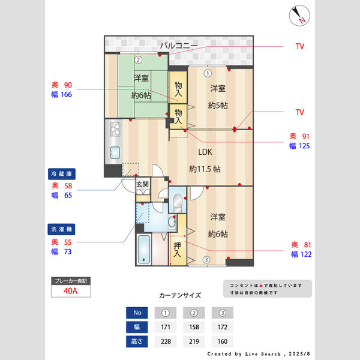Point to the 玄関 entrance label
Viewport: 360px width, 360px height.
pyautogui.click(x=142, y=184)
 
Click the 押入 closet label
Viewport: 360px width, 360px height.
pyautogui.click(x=177, y=250)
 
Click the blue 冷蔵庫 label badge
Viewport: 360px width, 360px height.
pyautogui.click(x=61, y=173)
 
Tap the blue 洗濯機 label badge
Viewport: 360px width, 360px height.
pyautogui.click(x=61, y=229)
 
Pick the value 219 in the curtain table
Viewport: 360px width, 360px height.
pyautogui.click(x=193, y=343)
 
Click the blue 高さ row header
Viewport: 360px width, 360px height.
pyautogui.click(x=136, y=343)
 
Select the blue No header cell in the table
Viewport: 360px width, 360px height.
pyautogui.click(x=136, y=313)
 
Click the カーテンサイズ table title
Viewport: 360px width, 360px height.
pyautogui.click(x=180, y=296)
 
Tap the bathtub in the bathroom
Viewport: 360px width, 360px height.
pyautogui.click(x=145, y=248)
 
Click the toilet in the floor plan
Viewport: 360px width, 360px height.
pyautogui.click(x=178, y=200)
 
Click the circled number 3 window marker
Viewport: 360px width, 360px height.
pyautogui.click(x=206, y=260)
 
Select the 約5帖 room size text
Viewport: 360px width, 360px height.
pyautogui.click(x=217, y=106)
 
